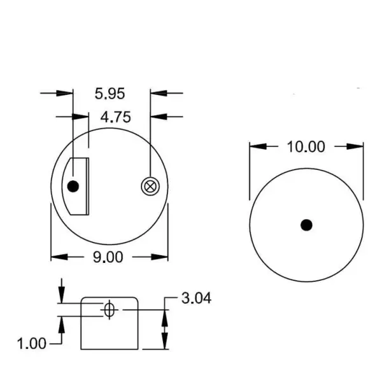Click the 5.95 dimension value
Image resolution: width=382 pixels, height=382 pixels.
[110, 94]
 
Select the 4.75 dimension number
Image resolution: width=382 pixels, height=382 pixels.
[115, 117]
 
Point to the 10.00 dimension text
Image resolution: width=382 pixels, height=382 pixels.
[306, 147]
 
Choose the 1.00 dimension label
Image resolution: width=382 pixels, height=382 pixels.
[31, 344]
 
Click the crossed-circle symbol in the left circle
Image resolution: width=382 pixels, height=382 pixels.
[150, 186]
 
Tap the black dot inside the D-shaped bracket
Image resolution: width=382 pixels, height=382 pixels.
[73, 187]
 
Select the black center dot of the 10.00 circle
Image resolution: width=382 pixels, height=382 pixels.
[306, 225]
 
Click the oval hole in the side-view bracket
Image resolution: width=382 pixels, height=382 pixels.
[109, 310]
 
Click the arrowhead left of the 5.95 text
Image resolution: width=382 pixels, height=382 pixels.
[68, 94]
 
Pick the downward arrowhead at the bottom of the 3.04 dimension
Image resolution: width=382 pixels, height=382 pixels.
[165, 344]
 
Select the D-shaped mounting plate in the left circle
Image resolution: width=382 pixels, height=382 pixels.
[80, 187]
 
